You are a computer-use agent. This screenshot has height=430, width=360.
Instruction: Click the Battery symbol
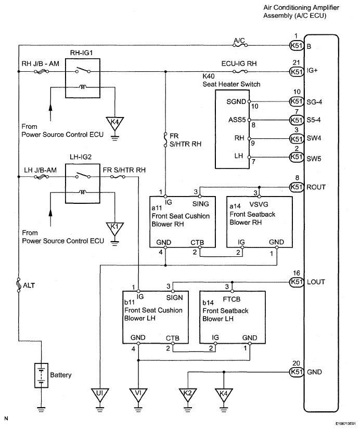point(41,375)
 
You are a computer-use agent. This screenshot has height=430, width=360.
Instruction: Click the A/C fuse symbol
point(240,44)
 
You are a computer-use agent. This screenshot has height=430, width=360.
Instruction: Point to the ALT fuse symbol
point(19,285)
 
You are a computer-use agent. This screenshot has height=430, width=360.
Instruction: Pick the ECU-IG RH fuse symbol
point(240,72)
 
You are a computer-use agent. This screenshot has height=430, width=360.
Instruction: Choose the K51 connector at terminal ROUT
point(297,187)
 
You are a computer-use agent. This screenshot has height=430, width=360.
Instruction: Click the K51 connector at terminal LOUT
point(297,282)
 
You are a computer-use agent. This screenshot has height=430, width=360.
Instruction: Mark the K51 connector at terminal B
point(297,46)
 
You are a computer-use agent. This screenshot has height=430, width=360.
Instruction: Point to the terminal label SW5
point(314,159)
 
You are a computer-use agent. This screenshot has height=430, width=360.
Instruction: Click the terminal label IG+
point(312,71)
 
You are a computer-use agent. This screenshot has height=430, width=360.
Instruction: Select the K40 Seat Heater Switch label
point(232,80)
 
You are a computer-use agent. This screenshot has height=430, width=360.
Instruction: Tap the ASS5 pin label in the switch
point(237,120)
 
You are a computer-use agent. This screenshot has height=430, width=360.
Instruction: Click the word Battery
point(61,375)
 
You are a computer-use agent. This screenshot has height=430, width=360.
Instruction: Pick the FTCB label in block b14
point(232,299)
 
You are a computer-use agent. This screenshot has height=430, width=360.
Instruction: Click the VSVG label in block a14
point(259,204)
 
